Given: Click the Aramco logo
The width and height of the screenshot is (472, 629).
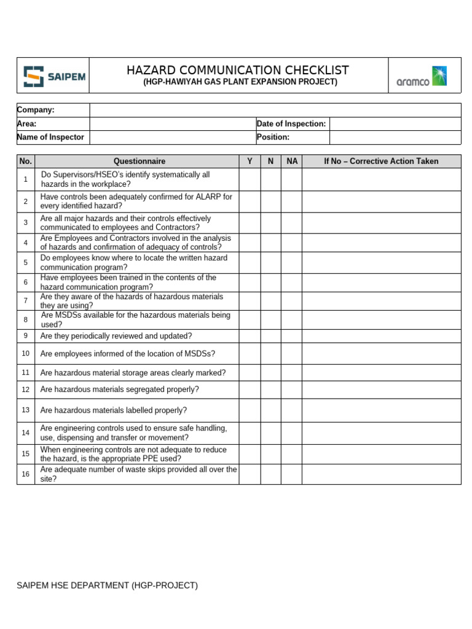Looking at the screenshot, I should (421, 76).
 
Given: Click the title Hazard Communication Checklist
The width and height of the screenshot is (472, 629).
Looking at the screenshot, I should (238, 70).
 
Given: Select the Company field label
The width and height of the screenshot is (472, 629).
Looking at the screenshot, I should (36, 110).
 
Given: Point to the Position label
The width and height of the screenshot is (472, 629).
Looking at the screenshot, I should (273, 137).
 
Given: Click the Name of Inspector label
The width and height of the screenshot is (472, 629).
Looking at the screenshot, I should (51, 137).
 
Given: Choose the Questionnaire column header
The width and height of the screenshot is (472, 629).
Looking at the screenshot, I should (136, 161).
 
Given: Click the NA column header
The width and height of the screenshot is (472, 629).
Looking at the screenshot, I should (292, 161).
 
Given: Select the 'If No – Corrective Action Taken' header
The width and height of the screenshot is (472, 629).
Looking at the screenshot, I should (381, 161).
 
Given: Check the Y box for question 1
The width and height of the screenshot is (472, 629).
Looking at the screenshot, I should (250, 179).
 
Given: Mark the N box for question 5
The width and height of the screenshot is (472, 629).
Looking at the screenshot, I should (270, 262).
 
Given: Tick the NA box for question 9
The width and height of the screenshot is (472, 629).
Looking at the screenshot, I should (291, 336).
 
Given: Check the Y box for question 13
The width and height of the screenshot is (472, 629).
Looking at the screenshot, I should (250, 410).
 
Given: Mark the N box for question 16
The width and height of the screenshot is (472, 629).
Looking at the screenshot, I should (270, 474).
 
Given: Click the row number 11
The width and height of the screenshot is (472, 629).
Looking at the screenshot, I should (26, 372).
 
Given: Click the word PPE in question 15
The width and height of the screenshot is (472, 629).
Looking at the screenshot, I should (167, 458).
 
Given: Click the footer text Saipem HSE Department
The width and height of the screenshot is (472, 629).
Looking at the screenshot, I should (108, 585).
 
